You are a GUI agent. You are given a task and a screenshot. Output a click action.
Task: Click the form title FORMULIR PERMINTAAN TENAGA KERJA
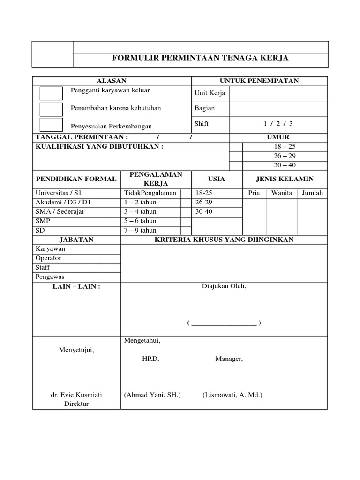point(201,58)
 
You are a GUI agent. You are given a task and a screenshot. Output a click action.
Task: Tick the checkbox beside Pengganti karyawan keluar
point(51,93)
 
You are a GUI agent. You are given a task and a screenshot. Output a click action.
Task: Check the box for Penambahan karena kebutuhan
point(51,109)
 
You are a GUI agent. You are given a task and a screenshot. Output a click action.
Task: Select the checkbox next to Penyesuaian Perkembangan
point(51,125)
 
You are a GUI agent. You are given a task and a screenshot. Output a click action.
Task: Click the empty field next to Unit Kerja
point(278,93)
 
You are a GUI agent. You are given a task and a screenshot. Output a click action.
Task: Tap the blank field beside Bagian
point(278,108)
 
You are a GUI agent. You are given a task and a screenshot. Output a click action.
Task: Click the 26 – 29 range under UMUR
point(285,156)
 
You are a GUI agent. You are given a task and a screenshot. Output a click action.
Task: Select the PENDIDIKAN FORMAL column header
point(76,179)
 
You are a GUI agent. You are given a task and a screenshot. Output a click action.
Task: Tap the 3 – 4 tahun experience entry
point(140,212)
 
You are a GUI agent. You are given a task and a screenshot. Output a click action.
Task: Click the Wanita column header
point(282,193)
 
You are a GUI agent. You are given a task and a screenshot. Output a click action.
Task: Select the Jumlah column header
point(312,193)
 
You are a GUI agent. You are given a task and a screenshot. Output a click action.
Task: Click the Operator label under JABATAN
point(48,258)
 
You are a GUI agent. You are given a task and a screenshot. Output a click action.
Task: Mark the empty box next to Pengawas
point(109,277)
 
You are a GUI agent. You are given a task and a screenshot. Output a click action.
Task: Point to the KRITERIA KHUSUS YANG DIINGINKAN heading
point(224,240)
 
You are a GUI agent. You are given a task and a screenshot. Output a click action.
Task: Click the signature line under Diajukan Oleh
point(224,323)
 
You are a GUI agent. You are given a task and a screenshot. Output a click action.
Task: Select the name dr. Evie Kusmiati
point(76,395)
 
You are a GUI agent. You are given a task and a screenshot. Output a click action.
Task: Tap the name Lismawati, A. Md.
point(232,395)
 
